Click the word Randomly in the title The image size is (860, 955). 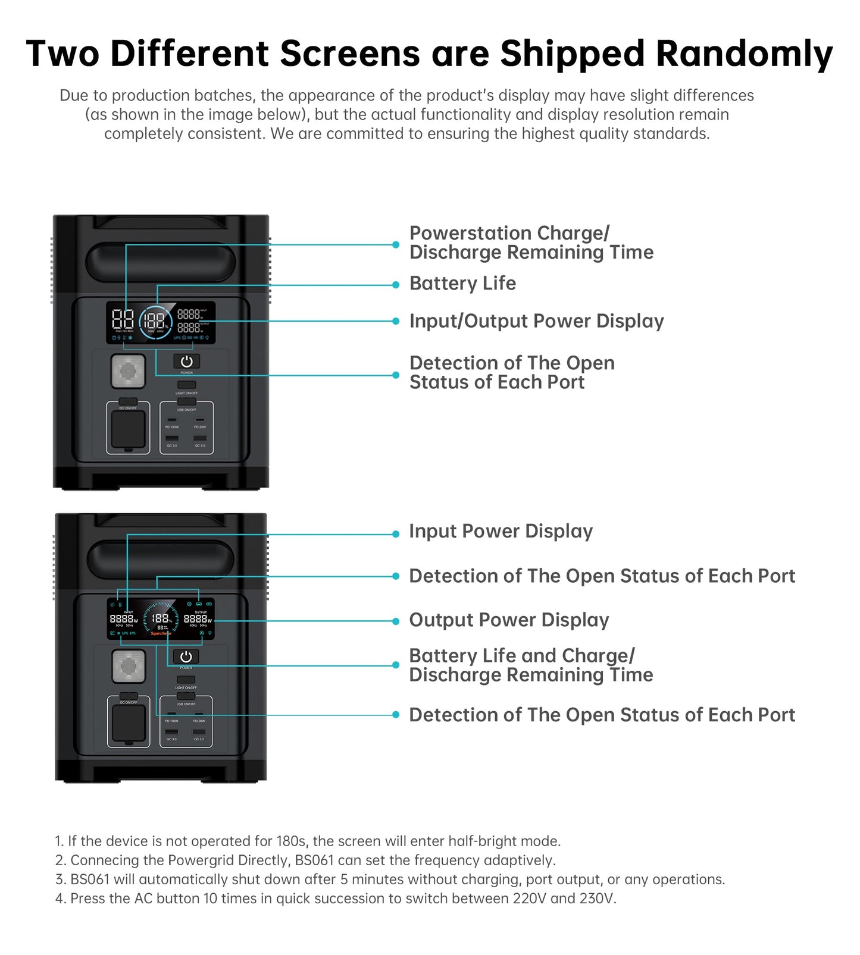click(x=744, y=54)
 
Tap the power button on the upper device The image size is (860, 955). click(x=186, y=361)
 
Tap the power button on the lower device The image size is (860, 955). click(x=186, y=656)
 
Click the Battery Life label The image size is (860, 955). click(x=462, y=284)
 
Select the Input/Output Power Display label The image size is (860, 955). click(x=536, y=321)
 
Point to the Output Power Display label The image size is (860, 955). click(x=509, y=620)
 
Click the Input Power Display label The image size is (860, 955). click(x=501, y=531)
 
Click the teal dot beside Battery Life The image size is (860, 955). click(x=396, y=285)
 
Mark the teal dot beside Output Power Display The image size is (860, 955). click(x=396, y=621)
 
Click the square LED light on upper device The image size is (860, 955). click(x=128, y=371)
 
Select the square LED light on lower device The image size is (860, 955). click(x=129, y=666)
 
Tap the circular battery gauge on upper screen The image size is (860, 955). click(x=155, y=322)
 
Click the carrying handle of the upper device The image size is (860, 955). click(x=161, y=260)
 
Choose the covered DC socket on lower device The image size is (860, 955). click(x=129, y=723)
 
